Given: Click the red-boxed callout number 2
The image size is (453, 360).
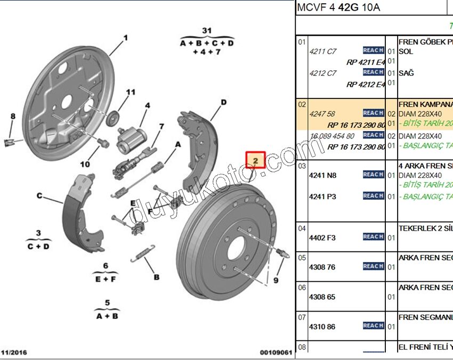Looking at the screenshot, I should pyautogui.click(x=255, y=160).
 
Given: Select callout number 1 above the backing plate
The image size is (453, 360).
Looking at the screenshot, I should pyautogui.click(x=126, y=38).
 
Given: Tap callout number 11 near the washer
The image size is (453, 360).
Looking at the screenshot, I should pyautogui.click(x=131, y=93).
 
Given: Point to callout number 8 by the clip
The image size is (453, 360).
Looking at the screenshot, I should pyautogui.click(x=13, y=116).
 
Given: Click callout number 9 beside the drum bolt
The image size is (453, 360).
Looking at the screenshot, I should pyautogui.click(x=276, y=280).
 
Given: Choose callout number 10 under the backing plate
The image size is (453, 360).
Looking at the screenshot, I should pyautogui.click(x=85, y=165).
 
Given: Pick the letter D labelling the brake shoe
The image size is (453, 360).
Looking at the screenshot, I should pyautogui.click(x=224, y=102).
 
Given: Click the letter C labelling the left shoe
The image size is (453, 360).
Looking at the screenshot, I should pyautogui.click(x=39, y=195).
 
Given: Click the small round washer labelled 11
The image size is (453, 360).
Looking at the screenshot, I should pyautogui.click(x=113, y=117).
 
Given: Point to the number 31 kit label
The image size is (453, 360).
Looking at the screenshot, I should pyautogui.click(x=207, y=31).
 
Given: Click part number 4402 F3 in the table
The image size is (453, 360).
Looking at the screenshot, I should pyautogui.click(x=322, y=238).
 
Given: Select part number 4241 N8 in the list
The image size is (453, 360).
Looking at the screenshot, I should pyautogui.click(x=322, y=175).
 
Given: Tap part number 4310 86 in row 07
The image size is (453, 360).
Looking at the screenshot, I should pyautogui.click(x=322, y=326).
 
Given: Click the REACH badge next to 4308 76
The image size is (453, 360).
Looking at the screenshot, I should pyautogui.click(x=373, y=266).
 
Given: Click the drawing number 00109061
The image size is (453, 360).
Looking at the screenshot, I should pyautogui.click(x=276, y=352).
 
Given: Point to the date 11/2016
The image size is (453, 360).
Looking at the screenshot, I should pyautogui.click(x=14, y=352).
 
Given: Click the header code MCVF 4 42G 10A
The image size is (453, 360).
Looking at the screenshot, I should pyautogui.click(x=339, y=8).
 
